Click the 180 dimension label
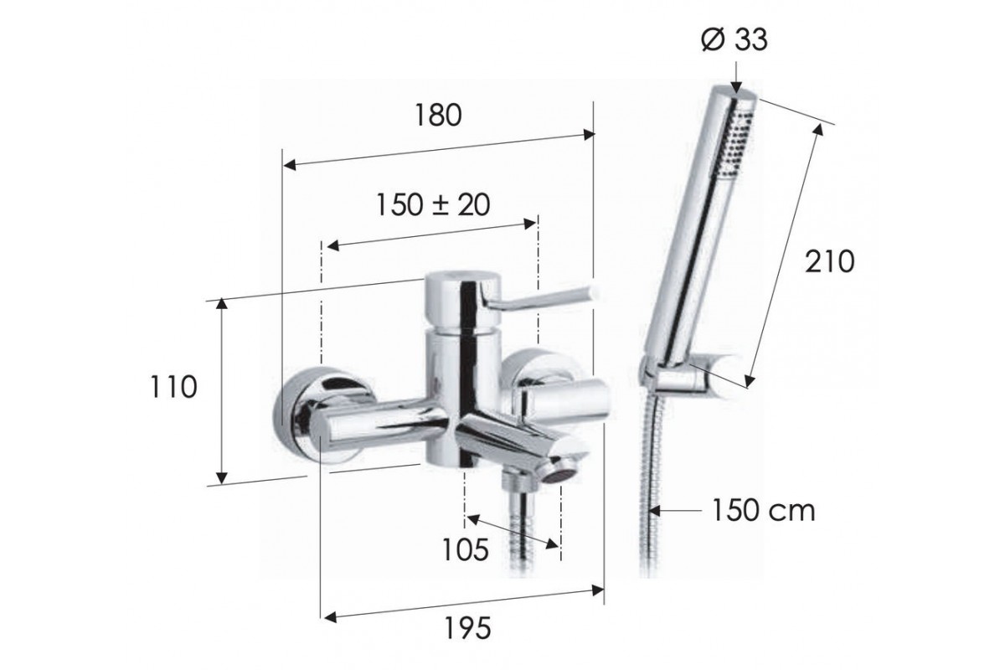(438, 116)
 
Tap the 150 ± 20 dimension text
(433, 205)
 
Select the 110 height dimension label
(173, 387)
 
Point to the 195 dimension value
(467, 628)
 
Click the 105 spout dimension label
(466, 549)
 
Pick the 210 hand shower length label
(830, 261)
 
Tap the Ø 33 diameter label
(734, 40)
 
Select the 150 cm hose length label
(764, 511)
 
